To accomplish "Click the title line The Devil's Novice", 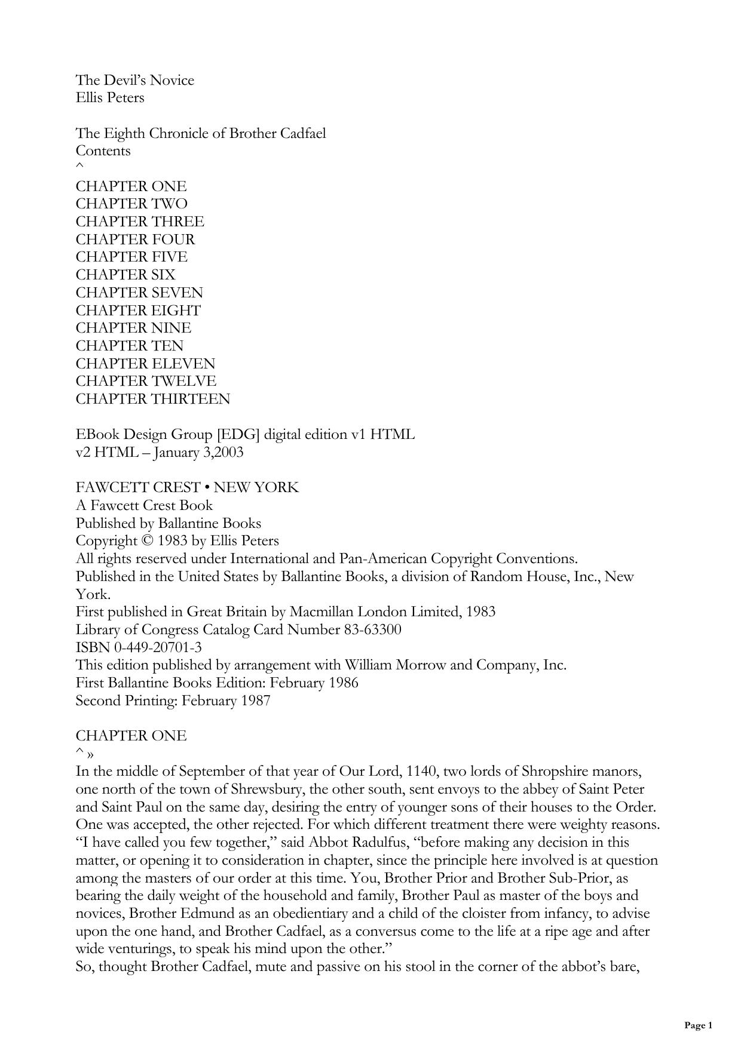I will pyautogui.click(x=134, y=80).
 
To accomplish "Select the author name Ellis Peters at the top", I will pyautogui.click(x=110, y=97).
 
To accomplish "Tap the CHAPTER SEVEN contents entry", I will pyautogui.click(x=139, y=293).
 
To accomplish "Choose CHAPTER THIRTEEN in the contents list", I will pyautogui.click(x=152, y=399).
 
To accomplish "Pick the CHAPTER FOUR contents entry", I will pyautogui.click(x=135, y=239).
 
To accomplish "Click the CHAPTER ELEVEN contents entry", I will pyautogui.click(x=145, y=364).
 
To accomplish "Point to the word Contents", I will pyautogui.click(x=103, y=150).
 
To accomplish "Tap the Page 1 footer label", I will pyautogui.click(x=698, y=1026).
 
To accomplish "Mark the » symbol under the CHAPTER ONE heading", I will pyautogui.click(x=90, y=754).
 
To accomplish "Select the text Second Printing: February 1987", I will pyautogui.click(x=173, y=700).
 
